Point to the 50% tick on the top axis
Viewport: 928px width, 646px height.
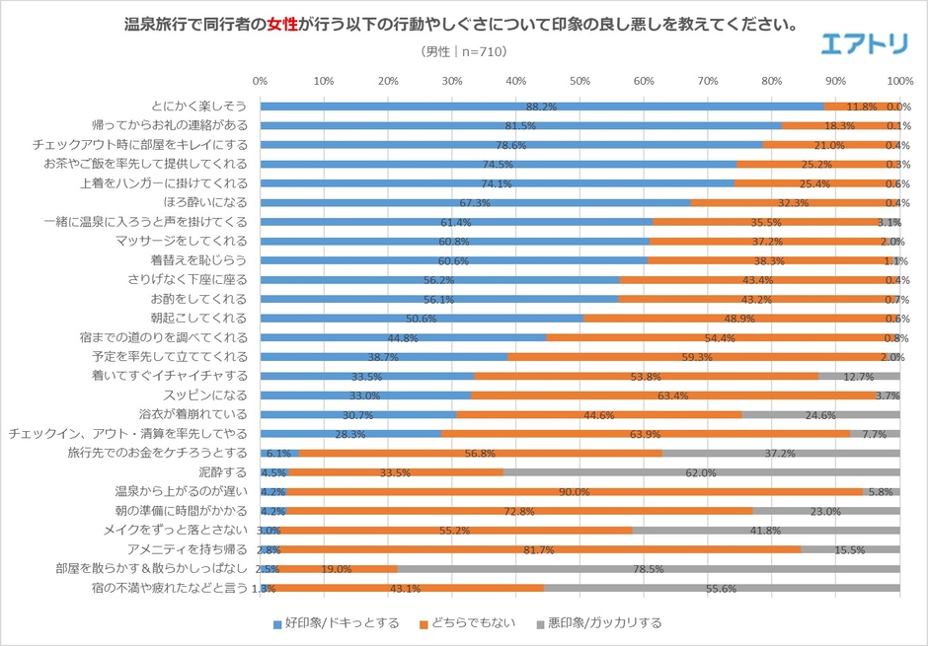click(580, 81)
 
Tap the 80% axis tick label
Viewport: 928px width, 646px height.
click(772, 81)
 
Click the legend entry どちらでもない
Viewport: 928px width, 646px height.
click(463, 622)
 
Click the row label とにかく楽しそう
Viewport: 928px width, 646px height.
click(199, 106)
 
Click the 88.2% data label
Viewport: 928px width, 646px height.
click(542, 107)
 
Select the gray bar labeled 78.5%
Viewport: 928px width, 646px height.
click(648, 568)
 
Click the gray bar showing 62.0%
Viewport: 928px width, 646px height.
click(701, 472)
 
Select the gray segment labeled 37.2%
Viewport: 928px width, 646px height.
click(780, 453)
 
